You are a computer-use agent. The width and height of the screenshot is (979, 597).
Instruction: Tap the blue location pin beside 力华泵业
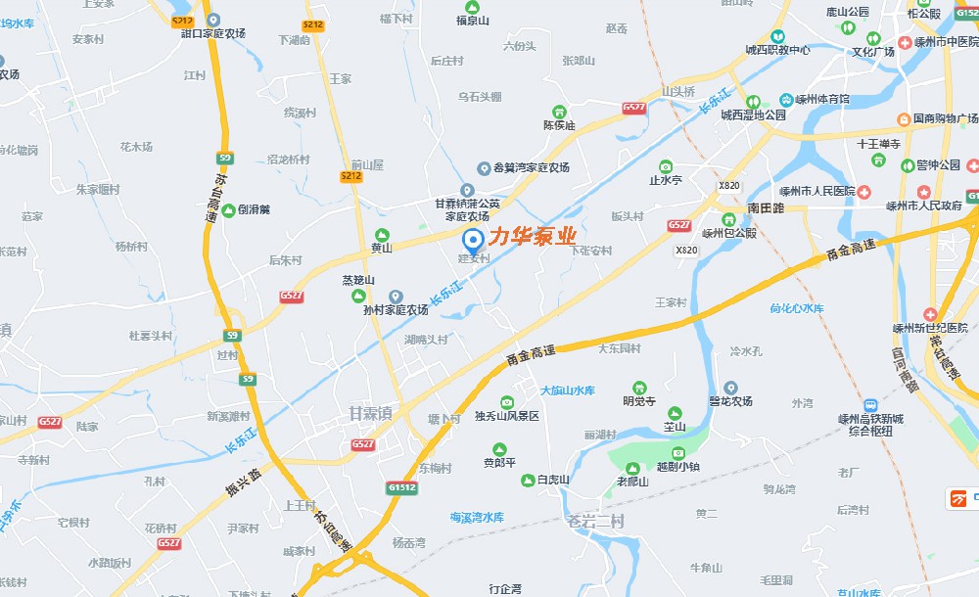point(472,239)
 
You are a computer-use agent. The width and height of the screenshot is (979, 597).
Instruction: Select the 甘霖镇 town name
point(370,414)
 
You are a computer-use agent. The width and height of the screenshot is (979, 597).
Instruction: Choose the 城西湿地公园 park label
point(753,115)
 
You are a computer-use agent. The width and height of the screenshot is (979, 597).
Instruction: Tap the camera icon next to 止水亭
point(666,165)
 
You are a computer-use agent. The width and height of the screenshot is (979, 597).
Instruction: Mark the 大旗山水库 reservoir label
point(567,390)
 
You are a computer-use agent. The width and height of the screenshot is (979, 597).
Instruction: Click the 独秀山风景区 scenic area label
point(507,416)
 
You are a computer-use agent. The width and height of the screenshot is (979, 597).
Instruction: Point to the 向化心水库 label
point(797,308)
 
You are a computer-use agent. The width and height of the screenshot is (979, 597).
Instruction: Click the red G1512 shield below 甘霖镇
point(400,486)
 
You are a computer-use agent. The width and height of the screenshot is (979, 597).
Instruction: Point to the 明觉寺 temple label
point(638,399)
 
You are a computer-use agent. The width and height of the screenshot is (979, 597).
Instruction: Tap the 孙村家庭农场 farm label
point(396,309)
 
